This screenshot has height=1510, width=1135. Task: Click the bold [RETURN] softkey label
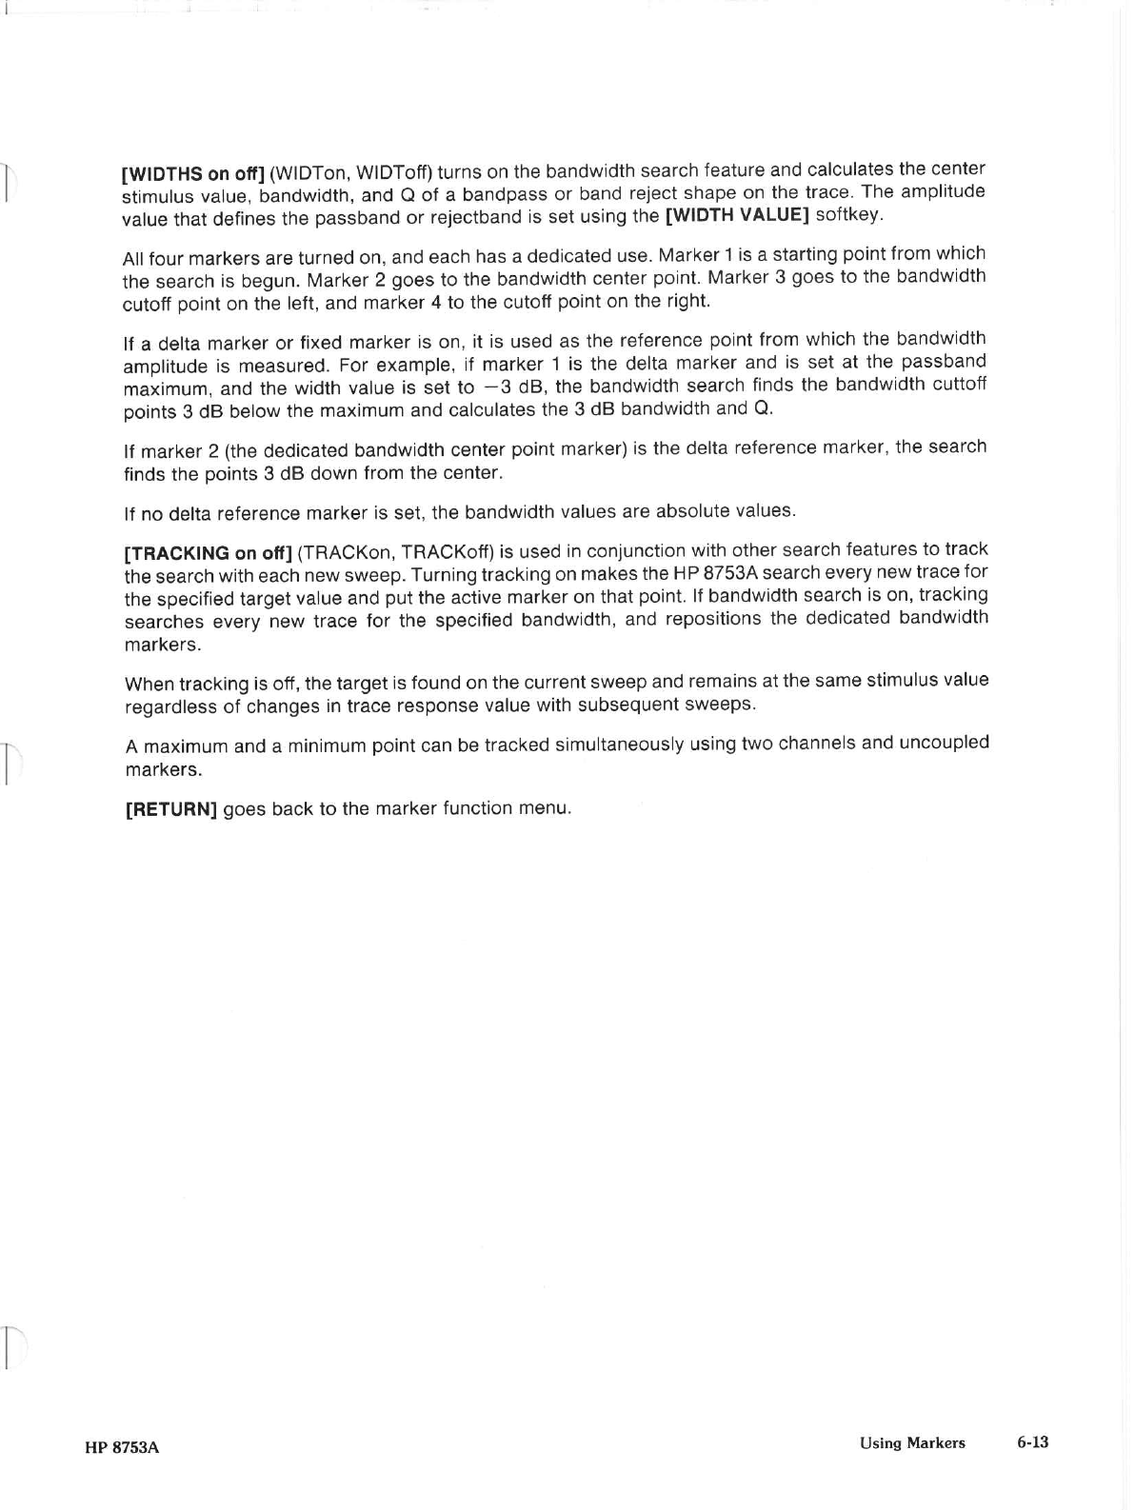pyautogui.click(x=171, y=810)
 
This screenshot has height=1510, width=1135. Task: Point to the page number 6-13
pyautogui.click(x=1032, y=1442)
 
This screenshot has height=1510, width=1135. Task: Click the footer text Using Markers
pyautogui.click(x=912, y=1443)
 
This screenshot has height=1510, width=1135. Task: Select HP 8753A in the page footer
pyautogui.click(x=121, y=1448)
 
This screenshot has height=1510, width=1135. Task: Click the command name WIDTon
pyautogui.click(x=307, y=173)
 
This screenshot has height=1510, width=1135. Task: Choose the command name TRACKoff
pyautogui.click(x=450, y=552)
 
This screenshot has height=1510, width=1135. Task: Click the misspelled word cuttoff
pyautogui.click(x=958, y=384)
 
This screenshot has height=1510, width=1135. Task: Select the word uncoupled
pyautogui.click(x=944, y=742)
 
